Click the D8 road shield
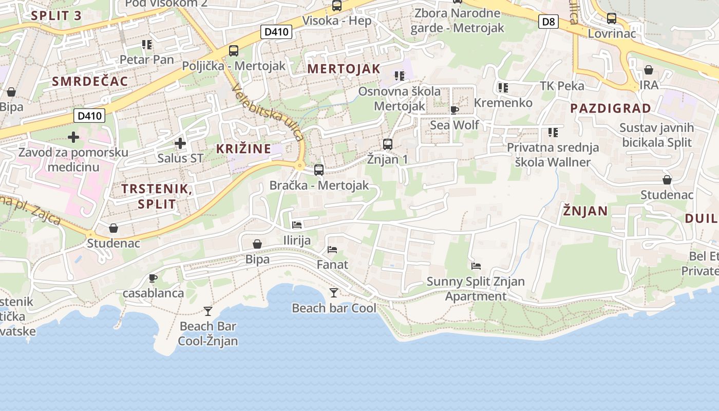548,22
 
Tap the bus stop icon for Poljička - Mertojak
234,50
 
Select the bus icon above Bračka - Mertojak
319,170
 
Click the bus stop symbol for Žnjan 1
388,144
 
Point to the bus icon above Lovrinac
612,18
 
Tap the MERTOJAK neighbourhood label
344,69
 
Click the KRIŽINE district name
243,149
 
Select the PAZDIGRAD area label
611,108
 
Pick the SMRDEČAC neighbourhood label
90,81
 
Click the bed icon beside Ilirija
297,225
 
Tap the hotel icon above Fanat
332,250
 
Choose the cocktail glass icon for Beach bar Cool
334,293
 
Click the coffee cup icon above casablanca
153,278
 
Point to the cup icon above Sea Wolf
454,110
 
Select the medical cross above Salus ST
180,143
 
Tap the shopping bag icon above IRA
649,70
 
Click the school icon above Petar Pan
147,45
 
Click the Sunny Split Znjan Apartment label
476,289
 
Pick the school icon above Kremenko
503,88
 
